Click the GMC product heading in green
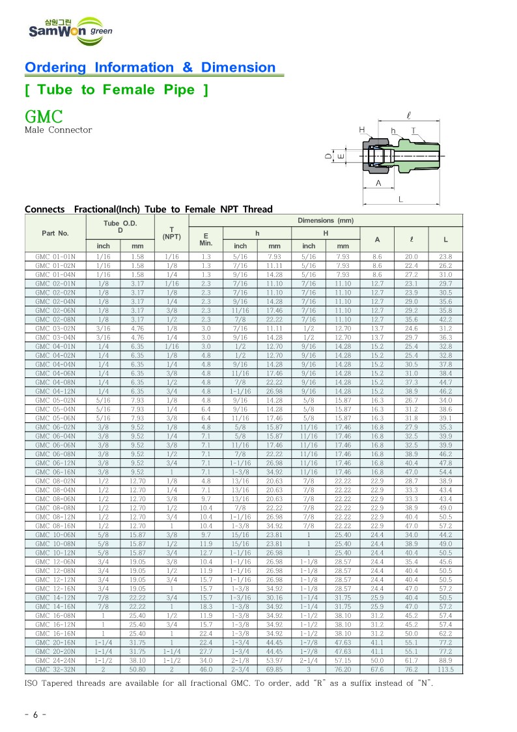(44, 117)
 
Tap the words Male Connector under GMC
(58, 130)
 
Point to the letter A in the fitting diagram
(378, 184)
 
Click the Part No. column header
(55, 233)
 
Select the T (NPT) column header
(171, 233)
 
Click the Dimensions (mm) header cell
(325, 221)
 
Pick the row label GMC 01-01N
(55, 257)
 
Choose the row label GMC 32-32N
(55, 669)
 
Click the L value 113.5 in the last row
(445, 669)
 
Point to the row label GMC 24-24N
(55, 661)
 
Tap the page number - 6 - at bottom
(35, 714)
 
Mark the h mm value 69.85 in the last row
(274, 669)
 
